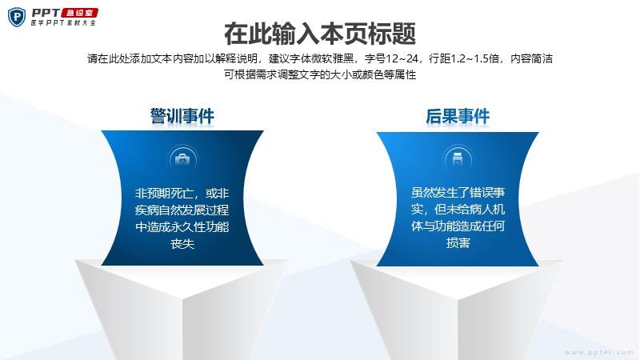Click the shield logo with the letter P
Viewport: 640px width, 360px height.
(x=17, y=17)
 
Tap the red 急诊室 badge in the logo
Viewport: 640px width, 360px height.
(x=80, y=13)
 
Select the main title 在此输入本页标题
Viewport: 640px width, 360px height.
(x=320, y=34)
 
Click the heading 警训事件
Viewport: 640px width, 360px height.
(x=182, y=116)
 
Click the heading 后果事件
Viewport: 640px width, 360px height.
(x=458, y=116)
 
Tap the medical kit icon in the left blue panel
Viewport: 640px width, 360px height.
(x=182, y=159)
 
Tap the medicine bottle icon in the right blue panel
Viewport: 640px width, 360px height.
(x=458, y=158)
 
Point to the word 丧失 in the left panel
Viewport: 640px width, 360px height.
(x=182, y=244)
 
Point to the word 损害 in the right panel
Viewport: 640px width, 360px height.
(x=458, y=243)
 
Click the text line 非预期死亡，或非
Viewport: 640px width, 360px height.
(x=182, y=193)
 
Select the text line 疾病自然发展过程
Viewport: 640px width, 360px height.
(x=182, y=210)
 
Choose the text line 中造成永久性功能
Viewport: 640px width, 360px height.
(x=182, y=226)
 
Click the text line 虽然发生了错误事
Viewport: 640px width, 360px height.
(x=458, y=192)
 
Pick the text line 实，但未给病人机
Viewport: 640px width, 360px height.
(x=458, y=209)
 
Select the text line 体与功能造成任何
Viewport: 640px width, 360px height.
(x=458, y=226)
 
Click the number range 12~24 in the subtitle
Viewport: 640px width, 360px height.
(x=402, y=58)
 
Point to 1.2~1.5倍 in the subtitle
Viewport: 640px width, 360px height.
(x=474, y=58)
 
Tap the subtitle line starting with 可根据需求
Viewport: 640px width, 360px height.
(x=320, y=74)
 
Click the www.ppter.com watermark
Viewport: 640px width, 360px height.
(x=599, y=352)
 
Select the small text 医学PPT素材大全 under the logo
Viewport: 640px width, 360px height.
(x=63, y=23)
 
